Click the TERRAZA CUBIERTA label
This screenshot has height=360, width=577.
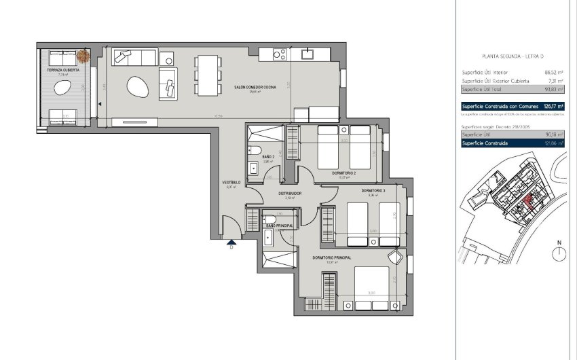[62, 70]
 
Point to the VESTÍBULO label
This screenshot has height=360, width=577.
[231, 183]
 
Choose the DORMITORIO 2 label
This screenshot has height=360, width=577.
[345, 173]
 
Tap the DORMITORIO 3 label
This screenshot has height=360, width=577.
[373, 190]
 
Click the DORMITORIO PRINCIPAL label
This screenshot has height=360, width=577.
[332, 258]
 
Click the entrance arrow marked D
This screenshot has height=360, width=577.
[231, 242]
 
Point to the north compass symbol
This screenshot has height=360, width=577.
[559, 253]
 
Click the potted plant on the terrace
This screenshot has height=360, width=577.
[82, 55]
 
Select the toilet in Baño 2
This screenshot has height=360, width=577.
[255, 151]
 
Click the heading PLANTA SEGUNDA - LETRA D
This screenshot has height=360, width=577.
[513, 56]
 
